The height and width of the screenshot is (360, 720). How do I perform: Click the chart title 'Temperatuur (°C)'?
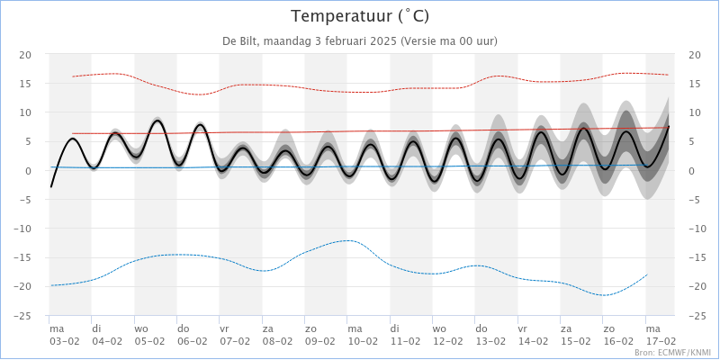tap(359, 16)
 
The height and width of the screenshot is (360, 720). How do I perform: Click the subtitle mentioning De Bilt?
tap(359, 40)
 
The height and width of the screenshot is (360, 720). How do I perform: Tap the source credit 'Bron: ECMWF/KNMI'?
tap(672, 353)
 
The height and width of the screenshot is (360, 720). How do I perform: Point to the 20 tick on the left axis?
tap(26, 55)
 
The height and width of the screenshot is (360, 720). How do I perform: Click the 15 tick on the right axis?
tap(693, 84)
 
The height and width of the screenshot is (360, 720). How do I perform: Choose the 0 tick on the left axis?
tap(29, 171)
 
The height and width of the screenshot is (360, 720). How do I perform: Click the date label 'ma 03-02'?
tap(64, 335)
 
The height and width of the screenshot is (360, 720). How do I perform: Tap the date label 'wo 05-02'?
tap(149, 335)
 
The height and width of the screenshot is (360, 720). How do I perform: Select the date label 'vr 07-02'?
tap(235, 335)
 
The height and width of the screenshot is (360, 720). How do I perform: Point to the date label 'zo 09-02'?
tap(319, 335)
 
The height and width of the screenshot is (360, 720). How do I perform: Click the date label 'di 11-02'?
tap(405, 335)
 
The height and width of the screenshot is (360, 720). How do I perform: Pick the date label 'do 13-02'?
tap(490, 335)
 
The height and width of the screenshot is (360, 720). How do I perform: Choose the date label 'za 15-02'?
tap(575, 335)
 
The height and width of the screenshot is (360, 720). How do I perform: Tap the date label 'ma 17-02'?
tap(661, 335)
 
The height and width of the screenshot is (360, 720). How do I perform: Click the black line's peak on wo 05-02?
tap(157, 120)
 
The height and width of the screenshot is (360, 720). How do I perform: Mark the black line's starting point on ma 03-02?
tap(51, 186)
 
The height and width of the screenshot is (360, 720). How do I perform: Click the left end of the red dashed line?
tap(73, 76)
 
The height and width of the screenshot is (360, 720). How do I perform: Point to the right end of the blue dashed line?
tap(647, 274)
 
